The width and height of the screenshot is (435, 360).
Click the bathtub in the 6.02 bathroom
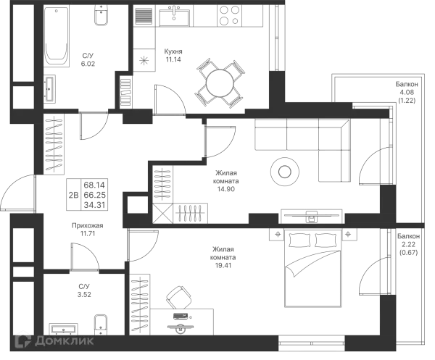[x=57, y=36]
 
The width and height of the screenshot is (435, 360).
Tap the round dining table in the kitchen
[x=220, y=83]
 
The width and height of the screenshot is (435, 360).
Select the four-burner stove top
[x=229, y=15]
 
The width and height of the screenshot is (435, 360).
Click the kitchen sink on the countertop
[x=174, y=16]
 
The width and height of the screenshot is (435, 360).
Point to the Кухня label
[x=173, y=51]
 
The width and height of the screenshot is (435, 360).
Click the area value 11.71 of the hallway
[x=88, y=234]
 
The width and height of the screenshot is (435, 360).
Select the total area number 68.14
[x=94, y=185]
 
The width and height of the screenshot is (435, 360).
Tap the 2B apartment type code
[x=73, y=195]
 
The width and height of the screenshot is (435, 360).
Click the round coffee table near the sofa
[x=285, y=172]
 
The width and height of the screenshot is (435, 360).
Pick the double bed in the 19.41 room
[x=312, y=268]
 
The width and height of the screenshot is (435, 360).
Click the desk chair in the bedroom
[x=178, y=298]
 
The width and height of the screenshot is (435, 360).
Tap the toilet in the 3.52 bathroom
[x=101, y=325]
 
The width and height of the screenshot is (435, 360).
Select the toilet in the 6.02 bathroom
[x=101, y=15]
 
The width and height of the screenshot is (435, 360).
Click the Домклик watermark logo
[x=54, y=341]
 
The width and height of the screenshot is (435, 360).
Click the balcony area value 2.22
[x=408, y=244]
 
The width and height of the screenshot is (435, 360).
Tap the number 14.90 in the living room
[x=225, y=189]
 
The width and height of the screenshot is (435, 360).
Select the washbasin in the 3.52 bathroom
[x=64, y=330]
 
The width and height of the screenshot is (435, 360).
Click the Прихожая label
[x=88, y=225]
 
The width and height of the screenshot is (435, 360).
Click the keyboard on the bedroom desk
[x=181, y=316]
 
